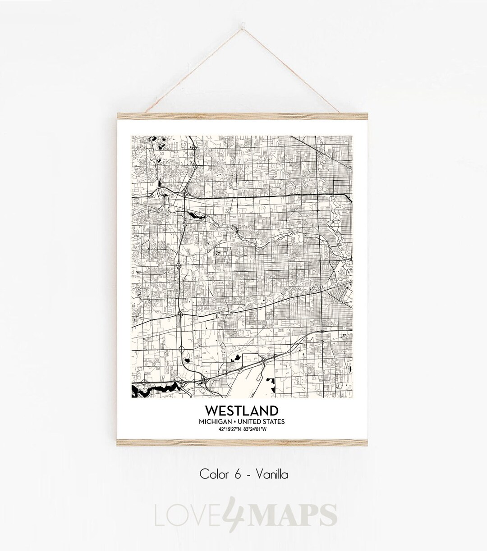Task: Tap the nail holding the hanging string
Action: tap(243, 19)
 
